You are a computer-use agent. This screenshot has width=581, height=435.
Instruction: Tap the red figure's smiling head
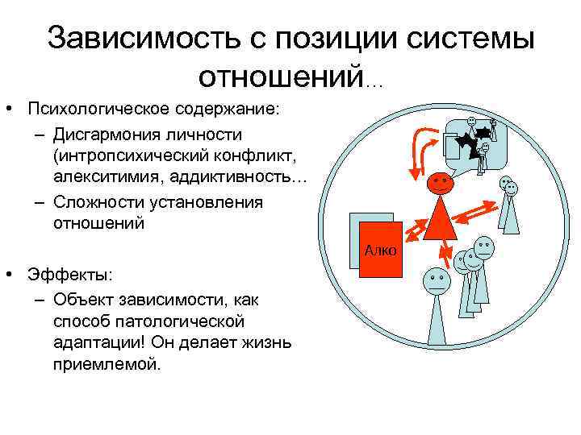coord(440,183)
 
